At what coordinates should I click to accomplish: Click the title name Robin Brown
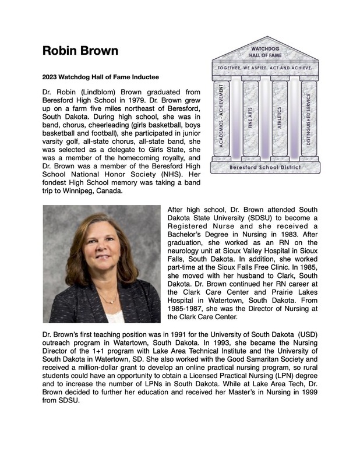(80, 51)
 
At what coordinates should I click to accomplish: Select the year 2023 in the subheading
(51, 77)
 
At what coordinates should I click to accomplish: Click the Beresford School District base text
(265, 167)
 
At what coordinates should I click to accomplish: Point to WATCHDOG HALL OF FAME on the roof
(266, 51)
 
